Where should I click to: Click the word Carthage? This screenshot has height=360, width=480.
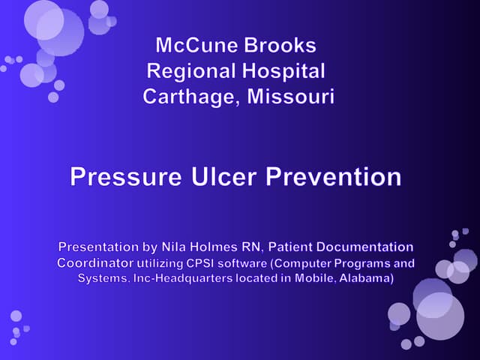coord(187,97)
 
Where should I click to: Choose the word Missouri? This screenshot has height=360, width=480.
coord(288,97)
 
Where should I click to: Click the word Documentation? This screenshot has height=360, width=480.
coord(368,247)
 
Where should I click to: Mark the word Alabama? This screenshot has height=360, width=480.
coord(356,278)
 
